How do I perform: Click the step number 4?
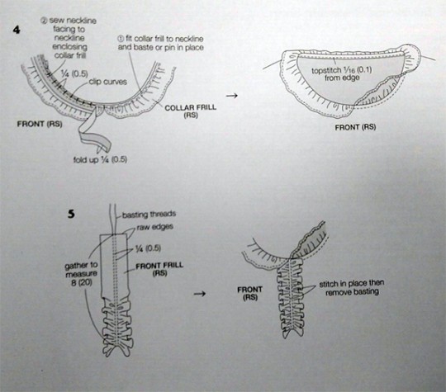click(17, 30)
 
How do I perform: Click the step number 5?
click(71, 214)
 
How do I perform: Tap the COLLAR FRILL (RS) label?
click(190, 111)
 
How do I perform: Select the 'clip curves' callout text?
click(108, 82)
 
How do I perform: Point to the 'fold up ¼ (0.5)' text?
click(100, 159)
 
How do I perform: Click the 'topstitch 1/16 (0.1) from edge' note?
click(342, 73)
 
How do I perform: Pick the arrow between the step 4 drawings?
click(231, 96)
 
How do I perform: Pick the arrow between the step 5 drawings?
click(200, 293)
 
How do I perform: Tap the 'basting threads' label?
click(149, 215)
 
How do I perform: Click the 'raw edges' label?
click(154, 227)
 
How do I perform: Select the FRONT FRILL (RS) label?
click(159, 270)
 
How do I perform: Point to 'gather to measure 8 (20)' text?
click(81, 274)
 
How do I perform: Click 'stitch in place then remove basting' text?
click(352, 288)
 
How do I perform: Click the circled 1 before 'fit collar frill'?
click(121, 39)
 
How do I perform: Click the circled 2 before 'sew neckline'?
click(44, 21)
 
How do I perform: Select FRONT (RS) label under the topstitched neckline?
click(355, 127)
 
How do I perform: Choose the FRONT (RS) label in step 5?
click(249, 293)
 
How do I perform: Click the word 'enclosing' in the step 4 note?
click(70, 47)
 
